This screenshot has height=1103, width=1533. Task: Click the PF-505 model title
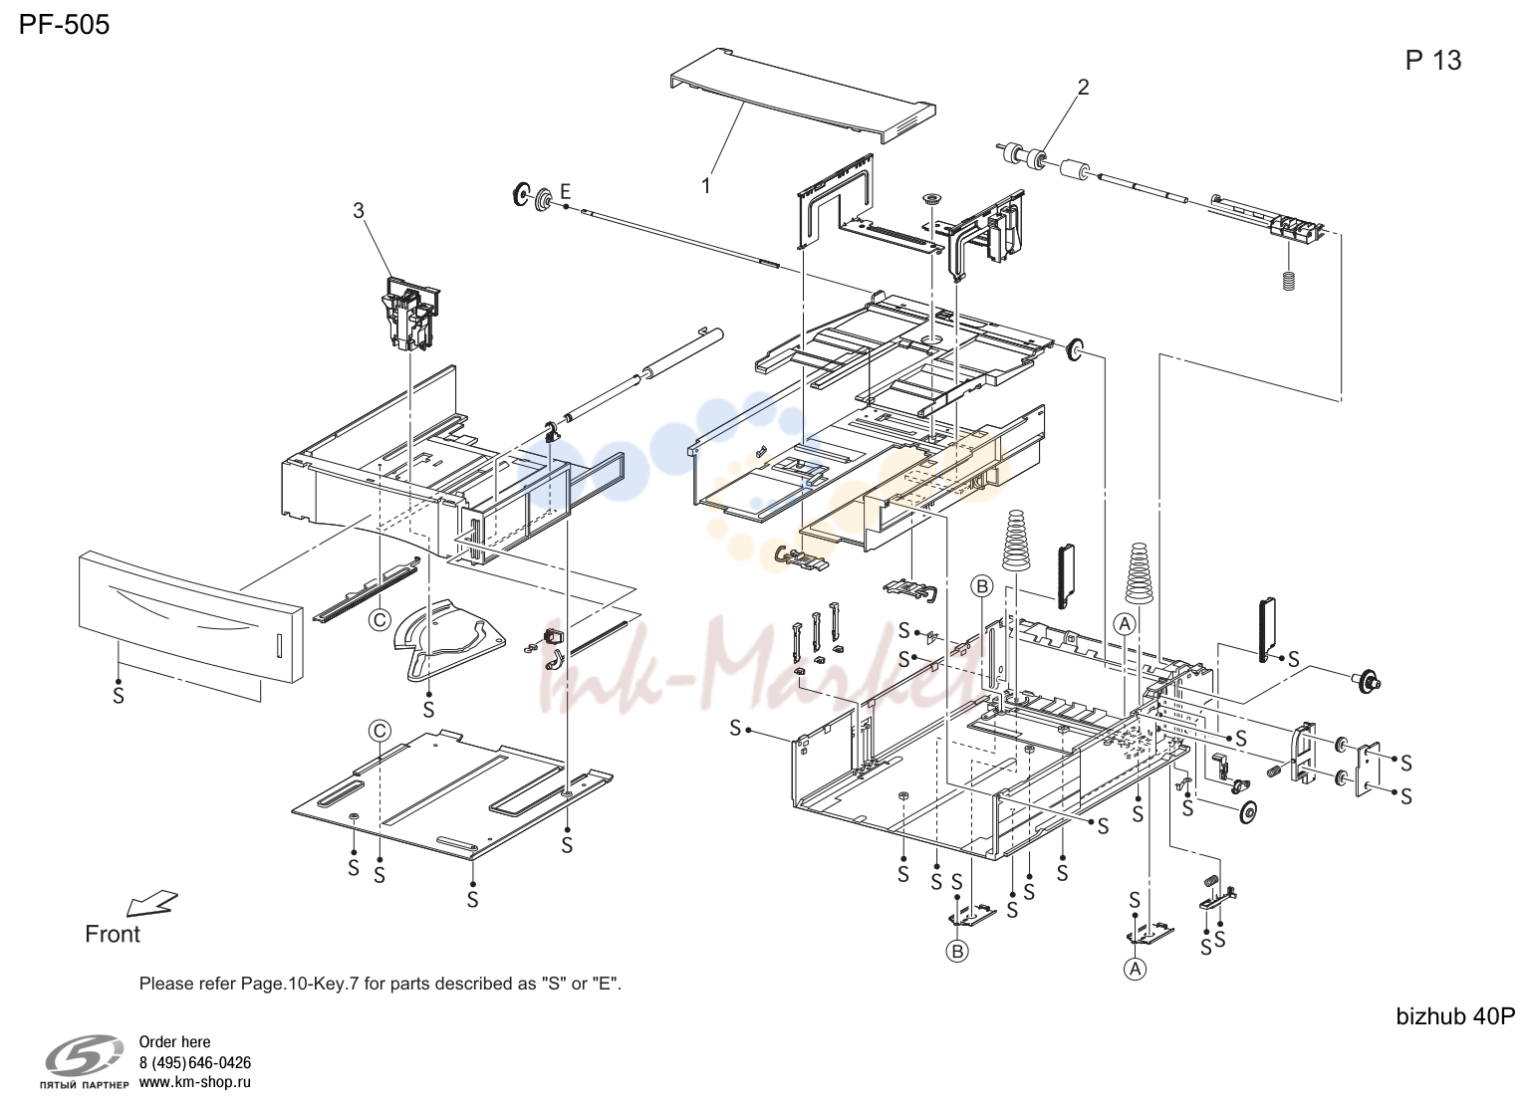(64, 25)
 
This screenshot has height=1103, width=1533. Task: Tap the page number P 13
(1433, 61)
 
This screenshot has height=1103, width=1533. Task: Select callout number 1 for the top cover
(705, 185)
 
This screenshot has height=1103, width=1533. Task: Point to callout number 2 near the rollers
(1083, 87)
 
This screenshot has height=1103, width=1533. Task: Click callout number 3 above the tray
(359, 211)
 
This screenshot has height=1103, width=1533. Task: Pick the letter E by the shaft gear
(566, 191)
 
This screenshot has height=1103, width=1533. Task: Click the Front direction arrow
(152, 903)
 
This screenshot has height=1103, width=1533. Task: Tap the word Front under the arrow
(113, 934)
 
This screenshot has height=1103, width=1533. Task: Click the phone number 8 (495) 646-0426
(195, 1063)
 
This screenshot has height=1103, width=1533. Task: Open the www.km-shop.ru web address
(195, 1082)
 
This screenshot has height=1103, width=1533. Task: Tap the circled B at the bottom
(957, 952)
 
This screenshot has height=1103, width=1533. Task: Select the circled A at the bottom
(1135, 969)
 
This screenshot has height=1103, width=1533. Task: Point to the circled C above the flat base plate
(380, 731)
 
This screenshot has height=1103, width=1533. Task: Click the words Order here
(174, 1042)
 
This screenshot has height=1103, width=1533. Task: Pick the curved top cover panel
(803, 95)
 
